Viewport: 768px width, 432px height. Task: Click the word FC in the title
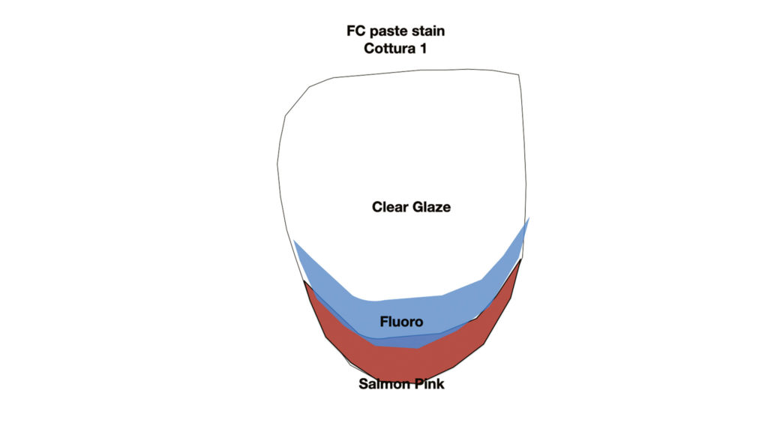[355, 31]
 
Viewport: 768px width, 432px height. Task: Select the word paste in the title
[388, 31]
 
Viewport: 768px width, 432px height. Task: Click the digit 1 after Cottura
[422, 49]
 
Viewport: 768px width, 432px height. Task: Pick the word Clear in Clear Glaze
[390, 207]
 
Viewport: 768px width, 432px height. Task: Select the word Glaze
[431, 207]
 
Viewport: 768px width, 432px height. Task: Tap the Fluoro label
[402, 322]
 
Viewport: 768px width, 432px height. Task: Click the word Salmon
[385, 384]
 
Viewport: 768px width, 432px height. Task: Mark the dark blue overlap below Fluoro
[399, 342]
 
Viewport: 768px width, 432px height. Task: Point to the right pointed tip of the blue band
[529, 217]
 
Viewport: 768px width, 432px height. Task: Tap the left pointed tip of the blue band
[293, 241]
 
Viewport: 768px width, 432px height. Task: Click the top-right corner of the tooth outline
[519, 75]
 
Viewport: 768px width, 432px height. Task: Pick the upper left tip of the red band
[304, 280]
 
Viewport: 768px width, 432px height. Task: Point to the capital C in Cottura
[369, 49]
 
